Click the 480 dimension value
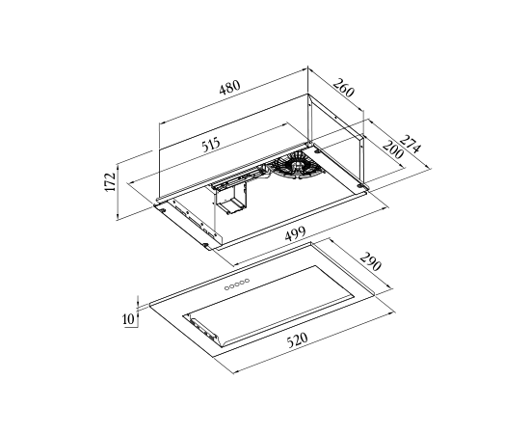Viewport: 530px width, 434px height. [x=230, y=88]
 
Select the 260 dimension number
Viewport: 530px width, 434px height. [x=344, y=88]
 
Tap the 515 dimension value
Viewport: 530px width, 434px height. [x=211, y=145]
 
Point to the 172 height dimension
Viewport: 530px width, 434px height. [x=111, y=182]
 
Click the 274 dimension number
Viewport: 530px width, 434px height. [x=411, y=144]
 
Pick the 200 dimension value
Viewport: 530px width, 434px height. [x=393, y=149]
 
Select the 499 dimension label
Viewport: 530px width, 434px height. [x=295, y=233]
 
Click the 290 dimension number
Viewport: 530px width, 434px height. [x=371, y=261]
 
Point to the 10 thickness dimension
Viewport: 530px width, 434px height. [x=128, y=318]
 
